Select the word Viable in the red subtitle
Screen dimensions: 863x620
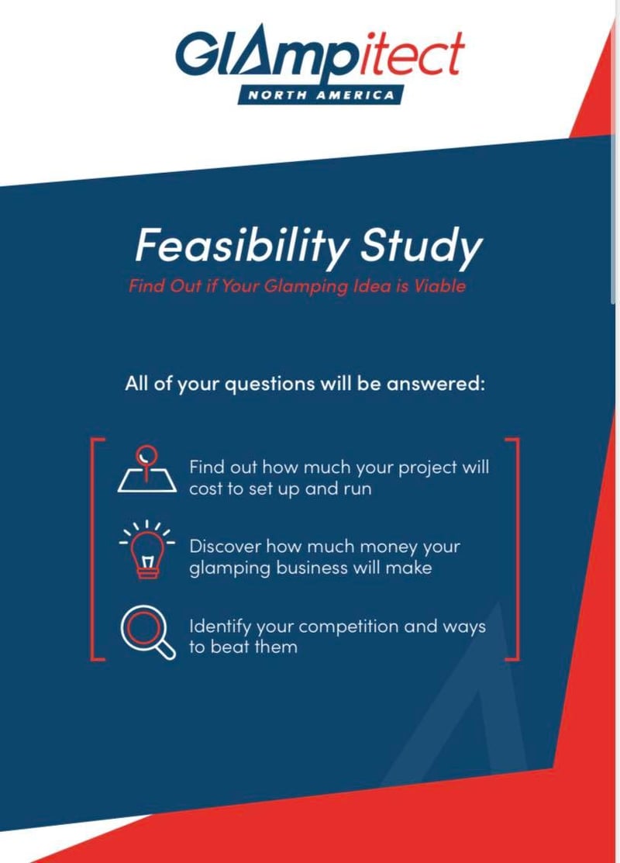(x=439, y=285)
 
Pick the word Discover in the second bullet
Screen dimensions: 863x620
(x=223, y=546)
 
